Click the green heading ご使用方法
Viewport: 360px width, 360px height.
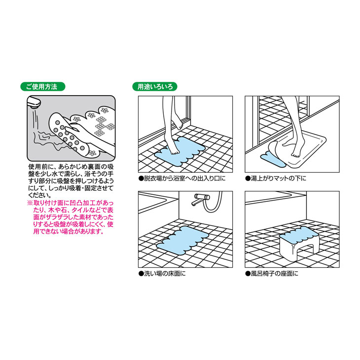pyautogui.click(x=43, y=87)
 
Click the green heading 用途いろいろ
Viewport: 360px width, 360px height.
pyautogui.click(x=155, y=87)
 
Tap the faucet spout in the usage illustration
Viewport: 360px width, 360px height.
pyautogui.click(x=34, y=102)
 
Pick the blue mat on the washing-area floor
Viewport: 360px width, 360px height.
pyautogui.click(x=182, y=240)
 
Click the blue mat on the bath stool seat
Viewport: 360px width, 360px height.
pyautogui.click(x=298, y=236)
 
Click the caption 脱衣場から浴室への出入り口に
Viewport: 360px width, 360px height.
pyautogui.click(x=182, y=179)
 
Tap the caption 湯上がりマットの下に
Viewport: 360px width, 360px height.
pyautogui.click(x=276, y=179)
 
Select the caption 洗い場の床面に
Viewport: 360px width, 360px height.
pyautogui.click(x=162, y=274)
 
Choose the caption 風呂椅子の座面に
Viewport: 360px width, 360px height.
pyautogui.click(x=272, y=274)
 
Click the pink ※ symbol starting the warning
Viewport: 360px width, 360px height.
pyautogui.click(x=30, y=203)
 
